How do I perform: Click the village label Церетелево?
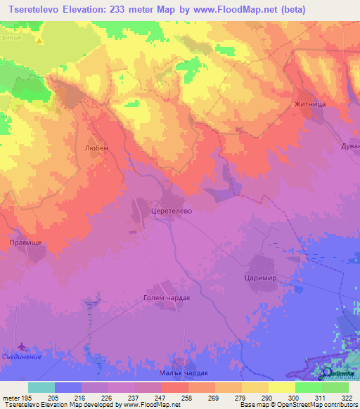tap(172, 209)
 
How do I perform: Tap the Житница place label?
tap(311, 104)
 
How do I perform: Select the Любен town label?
tap(96, 148)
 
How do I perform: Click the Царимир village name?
tap(267, 278)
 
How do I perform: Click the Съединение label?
tap(20, 357)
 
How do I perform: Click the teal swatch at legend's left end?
tap(41, 387)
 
